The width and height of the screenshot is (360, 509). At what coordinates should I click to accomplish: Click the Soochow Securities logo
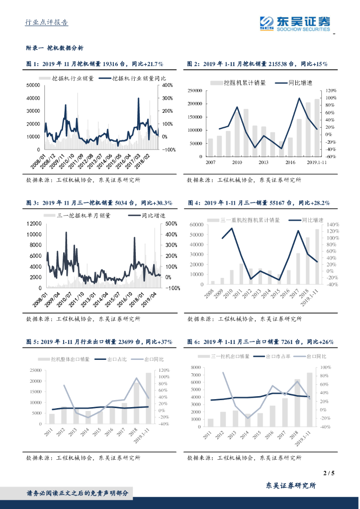tap(294, 23)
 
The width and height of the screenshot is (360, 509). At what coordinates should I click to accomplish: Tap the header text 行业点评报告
tap(47, 22)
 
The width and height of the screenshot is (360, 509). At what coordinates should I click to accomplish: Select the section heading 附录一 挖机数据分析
tap(55, 48)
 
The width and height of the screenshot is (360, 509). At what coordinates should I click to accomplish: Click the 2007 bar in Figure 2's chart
tap(210, 148)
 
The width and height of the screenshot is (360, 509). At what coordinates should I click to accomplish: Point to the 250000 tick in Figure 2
tap(194, 90)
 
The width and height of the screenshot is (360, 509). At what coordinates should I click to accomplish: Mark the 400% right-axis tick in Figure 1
tap(167, 85)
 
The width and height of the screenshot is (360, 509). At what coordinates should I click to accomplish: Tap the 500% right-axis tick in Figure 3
tap(172, 224)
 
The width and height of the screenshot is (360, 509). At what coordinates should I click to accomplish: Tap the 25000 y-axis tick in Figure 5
tap(35, 370)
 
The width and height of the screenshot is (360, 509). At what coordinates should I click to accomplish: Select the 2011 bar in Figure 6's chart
tap(211, 423)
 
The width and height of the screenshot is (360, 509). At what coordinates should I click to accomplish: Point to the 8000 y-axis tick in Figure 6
tap(195, 367)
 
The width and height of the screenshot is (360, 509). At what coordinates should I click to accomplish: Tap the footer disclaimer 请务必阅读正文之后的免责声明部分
tap(77, 493)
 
